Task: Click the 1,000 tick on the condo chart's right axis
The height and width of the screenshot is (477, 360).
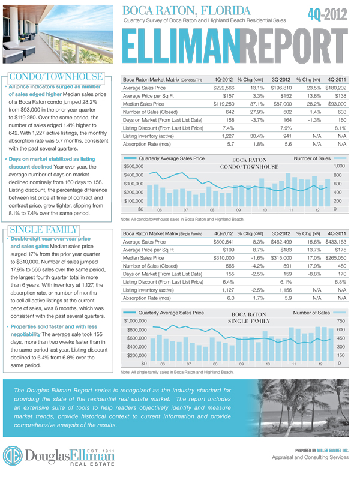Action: (x=340, y=166)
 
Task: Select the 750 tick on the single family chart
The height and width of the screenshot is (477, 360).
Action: (x=340, y=322)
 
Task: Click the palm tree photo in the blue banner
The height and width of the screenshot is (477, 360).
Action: (x=307, y=407)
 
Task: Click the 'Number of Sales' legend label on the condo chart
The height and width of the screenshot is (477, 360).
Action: (x=312, y=158)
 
